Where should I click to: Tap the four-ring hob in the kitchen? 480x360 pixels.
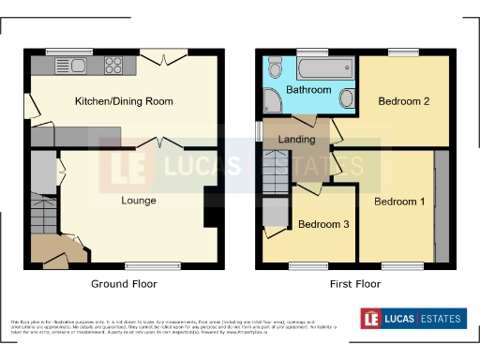click(x=115, y=65)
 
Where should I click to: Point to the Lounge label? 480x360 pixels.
click(x=138, y=201)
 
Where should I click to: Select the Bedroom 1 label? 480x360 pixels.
click(x=399, y=202)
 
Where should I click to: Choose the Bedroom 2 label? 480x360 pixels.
click(x=403, y=101)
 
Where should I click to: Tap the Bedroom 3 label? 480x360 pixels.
click(x=322, y=225)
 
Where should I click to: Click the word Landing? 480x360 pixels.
click(x=297, y=141)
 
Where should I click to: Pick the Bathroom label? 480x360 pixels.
click(x=308, y=90)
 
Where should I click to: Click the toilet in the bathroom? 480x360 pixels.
click(x=275, y=67)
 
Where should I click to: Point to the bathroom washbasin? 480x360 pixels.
click(x=345, y=97)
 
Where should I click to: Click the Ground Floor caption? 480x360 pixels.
click(x=124, y=283)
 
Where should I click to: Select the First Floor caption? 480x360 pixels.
click(x=354, y=283)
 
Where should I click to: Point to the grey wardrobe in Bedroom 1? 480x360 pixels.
click(x=441, y=202)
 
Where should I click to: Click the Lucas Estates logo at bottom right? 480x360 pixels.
click(x=413, y=319)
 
